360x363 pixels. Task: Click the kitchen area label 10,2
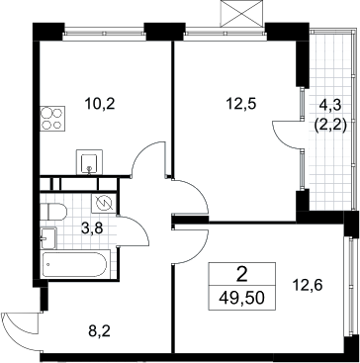point(100,105)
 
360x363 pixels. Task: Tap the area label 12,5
point(241,105)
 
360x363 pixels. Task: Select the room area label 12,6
point(308,285)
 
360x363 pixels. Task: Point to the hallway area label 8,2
point(99,330)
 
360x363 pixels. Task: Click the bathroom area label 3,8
point(92,227)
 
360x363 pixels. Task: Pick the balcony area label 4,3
point(330,106)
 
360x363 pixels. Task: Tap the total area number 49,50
point(241,299)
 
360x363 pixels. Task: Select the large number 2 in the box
point(241,275)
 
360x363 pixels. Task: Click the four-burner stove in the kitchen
point(52,119)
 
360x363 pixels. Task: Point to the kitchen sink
point(89,162)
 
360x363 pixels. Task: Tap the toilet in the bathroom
point(53,212)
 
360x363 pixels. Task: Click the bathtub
point(75,264)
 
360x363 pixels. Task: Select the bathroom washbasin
point(48,238)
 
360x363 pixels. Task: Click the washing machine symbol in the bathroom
point(104,204)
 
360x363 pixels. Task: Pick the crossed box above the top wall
point(241,13)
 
